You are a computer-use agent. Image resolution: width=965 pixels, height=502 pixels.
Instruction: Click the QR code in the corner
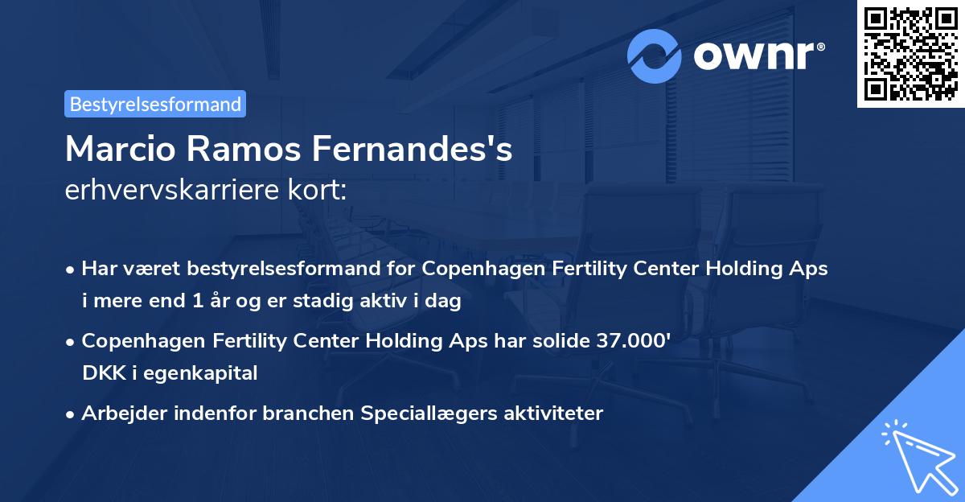click(x=911, y=53)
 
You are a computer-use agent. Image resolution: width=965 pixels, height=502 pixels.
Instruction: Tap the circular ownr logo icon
click(x=655, y=56)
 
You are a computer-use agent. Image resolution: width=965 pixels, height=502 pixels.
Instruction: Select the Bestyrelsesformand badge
click(x=155, y=104)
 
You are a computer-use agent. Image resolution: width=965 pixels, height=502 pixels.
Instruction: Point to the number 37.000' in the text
click(x=632, y=340)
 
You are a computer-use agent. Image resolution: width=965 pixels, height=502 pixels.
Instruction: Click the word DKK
click(x=101, y=372)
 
